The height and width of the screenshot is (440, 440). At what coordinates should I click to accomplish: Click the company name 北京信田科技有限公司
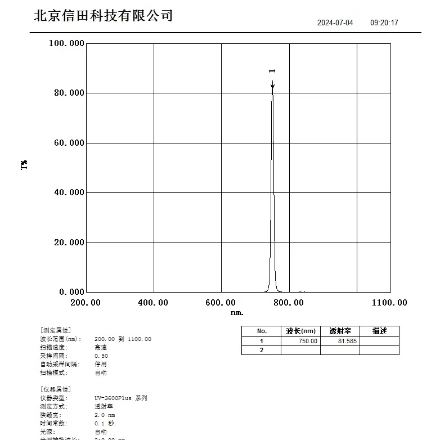point(103,16)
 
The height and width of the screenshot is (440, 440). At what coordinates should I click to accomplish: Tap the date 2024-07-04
point(335,23)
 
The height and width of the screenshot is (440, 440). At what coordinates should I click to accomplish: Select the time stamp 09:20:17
point(384,23)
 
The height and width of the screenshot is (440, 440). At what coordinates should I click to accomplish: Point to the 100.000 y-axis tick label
point(66,43)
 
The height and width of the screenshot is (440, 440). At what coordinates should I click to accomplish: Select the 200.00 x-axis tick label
point(86,303)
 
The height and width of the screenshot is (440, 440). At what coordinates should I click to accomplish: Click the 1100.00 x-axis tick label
point(389,303)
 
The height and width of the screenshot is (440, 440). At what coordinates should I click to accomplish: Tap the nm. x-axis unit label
point(237,312)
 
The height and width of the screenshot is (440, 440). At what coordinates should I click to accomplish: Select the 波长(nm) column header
point(300,331)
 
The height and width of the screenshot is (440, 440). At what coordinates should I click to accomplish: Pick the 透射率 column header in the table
point(340,331)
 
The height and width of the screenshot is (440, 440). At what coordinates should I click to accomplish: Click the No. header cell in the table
point(261,331)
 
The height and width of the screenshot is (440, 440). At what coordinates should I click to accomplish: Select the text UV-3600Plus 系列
point(121,398)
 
